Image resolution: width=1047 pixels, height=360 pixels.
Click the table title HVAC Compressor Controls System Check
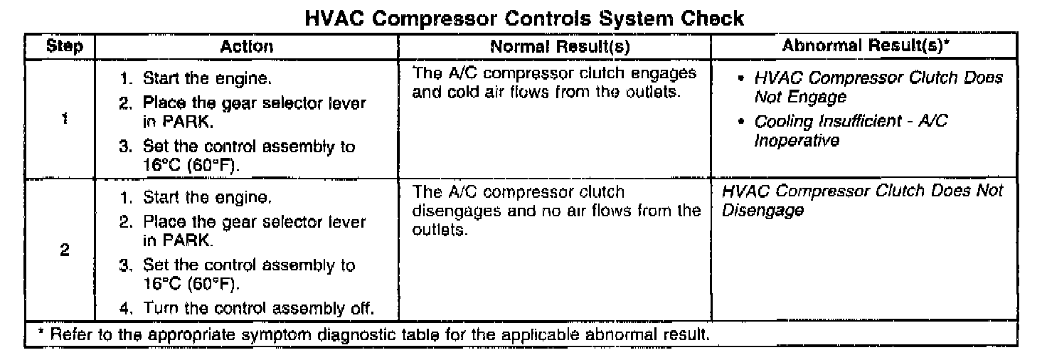(523, 18)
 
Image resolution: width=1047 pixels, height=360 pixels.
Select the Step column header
(65, 47)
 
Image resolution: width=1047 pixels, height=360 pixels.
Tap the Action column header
(246, 47)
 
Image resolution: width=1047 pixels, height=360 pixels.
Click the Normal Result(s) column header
(554, 47)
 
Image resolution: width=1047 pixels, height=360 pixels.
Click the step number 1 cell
(65, 120)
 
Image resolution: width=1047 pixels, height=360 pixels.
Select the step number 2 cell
(65, 252)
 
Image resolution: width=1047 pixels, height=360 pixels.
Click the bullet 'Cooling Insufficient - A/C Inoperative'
(851, 131)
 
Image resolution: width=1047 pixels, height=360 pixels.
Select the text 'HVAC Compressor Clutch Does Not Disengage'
(861, 201)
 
